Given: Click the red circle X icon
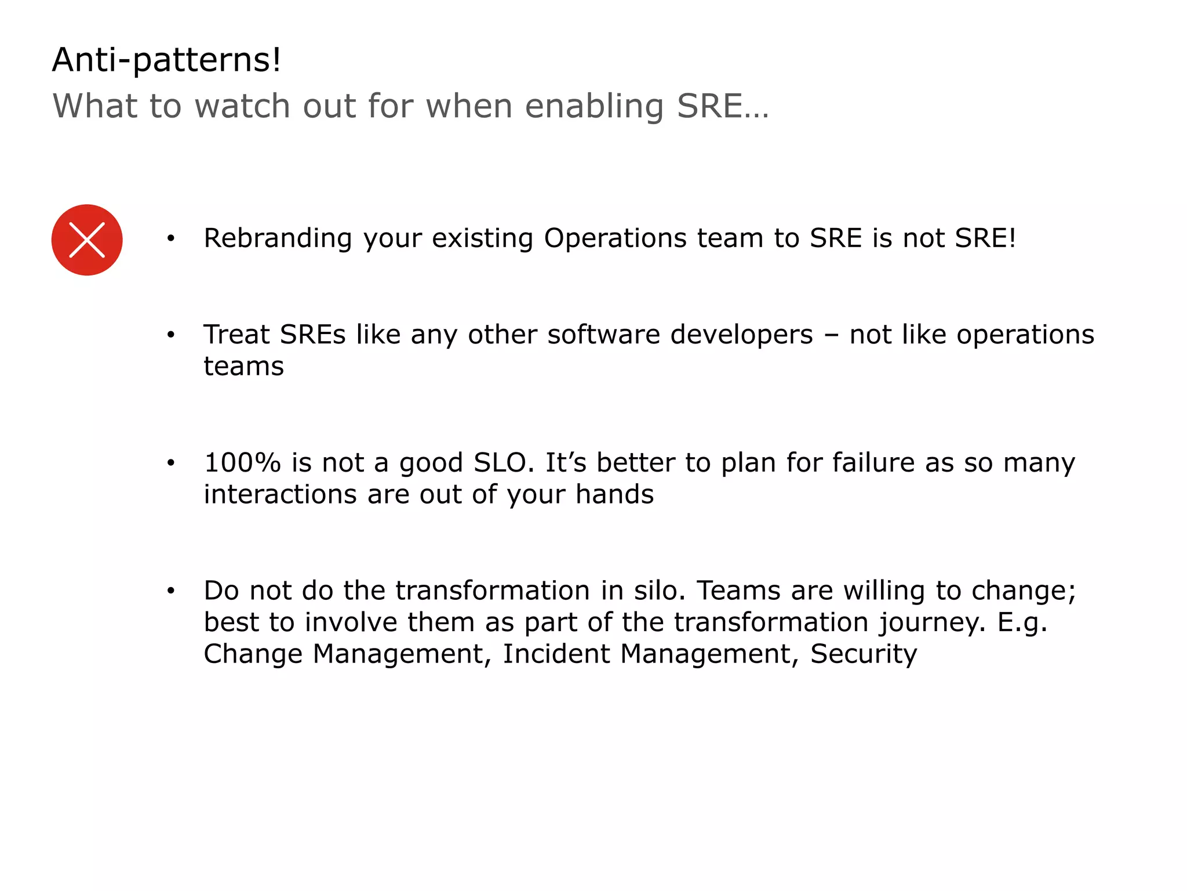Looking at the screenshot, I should (87, 240).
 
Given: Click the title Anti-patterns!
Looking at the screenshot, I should (166, 60).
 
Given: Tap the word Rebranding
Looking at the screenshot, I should (278, 238).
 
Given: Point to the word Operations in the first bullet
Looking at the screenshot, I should (614, 238).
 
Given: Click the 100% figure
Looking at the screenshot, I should (242, 463).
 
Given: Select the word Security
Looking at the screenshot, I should (863, 654).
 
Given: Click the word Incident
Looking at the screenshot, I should (555, 654).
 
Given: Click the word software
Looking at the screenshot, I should (603, 335).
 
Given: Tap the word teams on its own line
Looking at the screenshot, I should (243, 367).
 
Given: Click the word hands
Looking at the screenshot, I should (614, 495).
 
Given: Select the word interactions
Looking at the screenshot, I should (280, 495).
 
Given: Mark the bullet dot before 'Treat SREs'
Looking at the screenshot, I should (170, 335).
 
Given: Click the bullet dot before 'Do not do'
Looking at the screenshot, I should (170, 591).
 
